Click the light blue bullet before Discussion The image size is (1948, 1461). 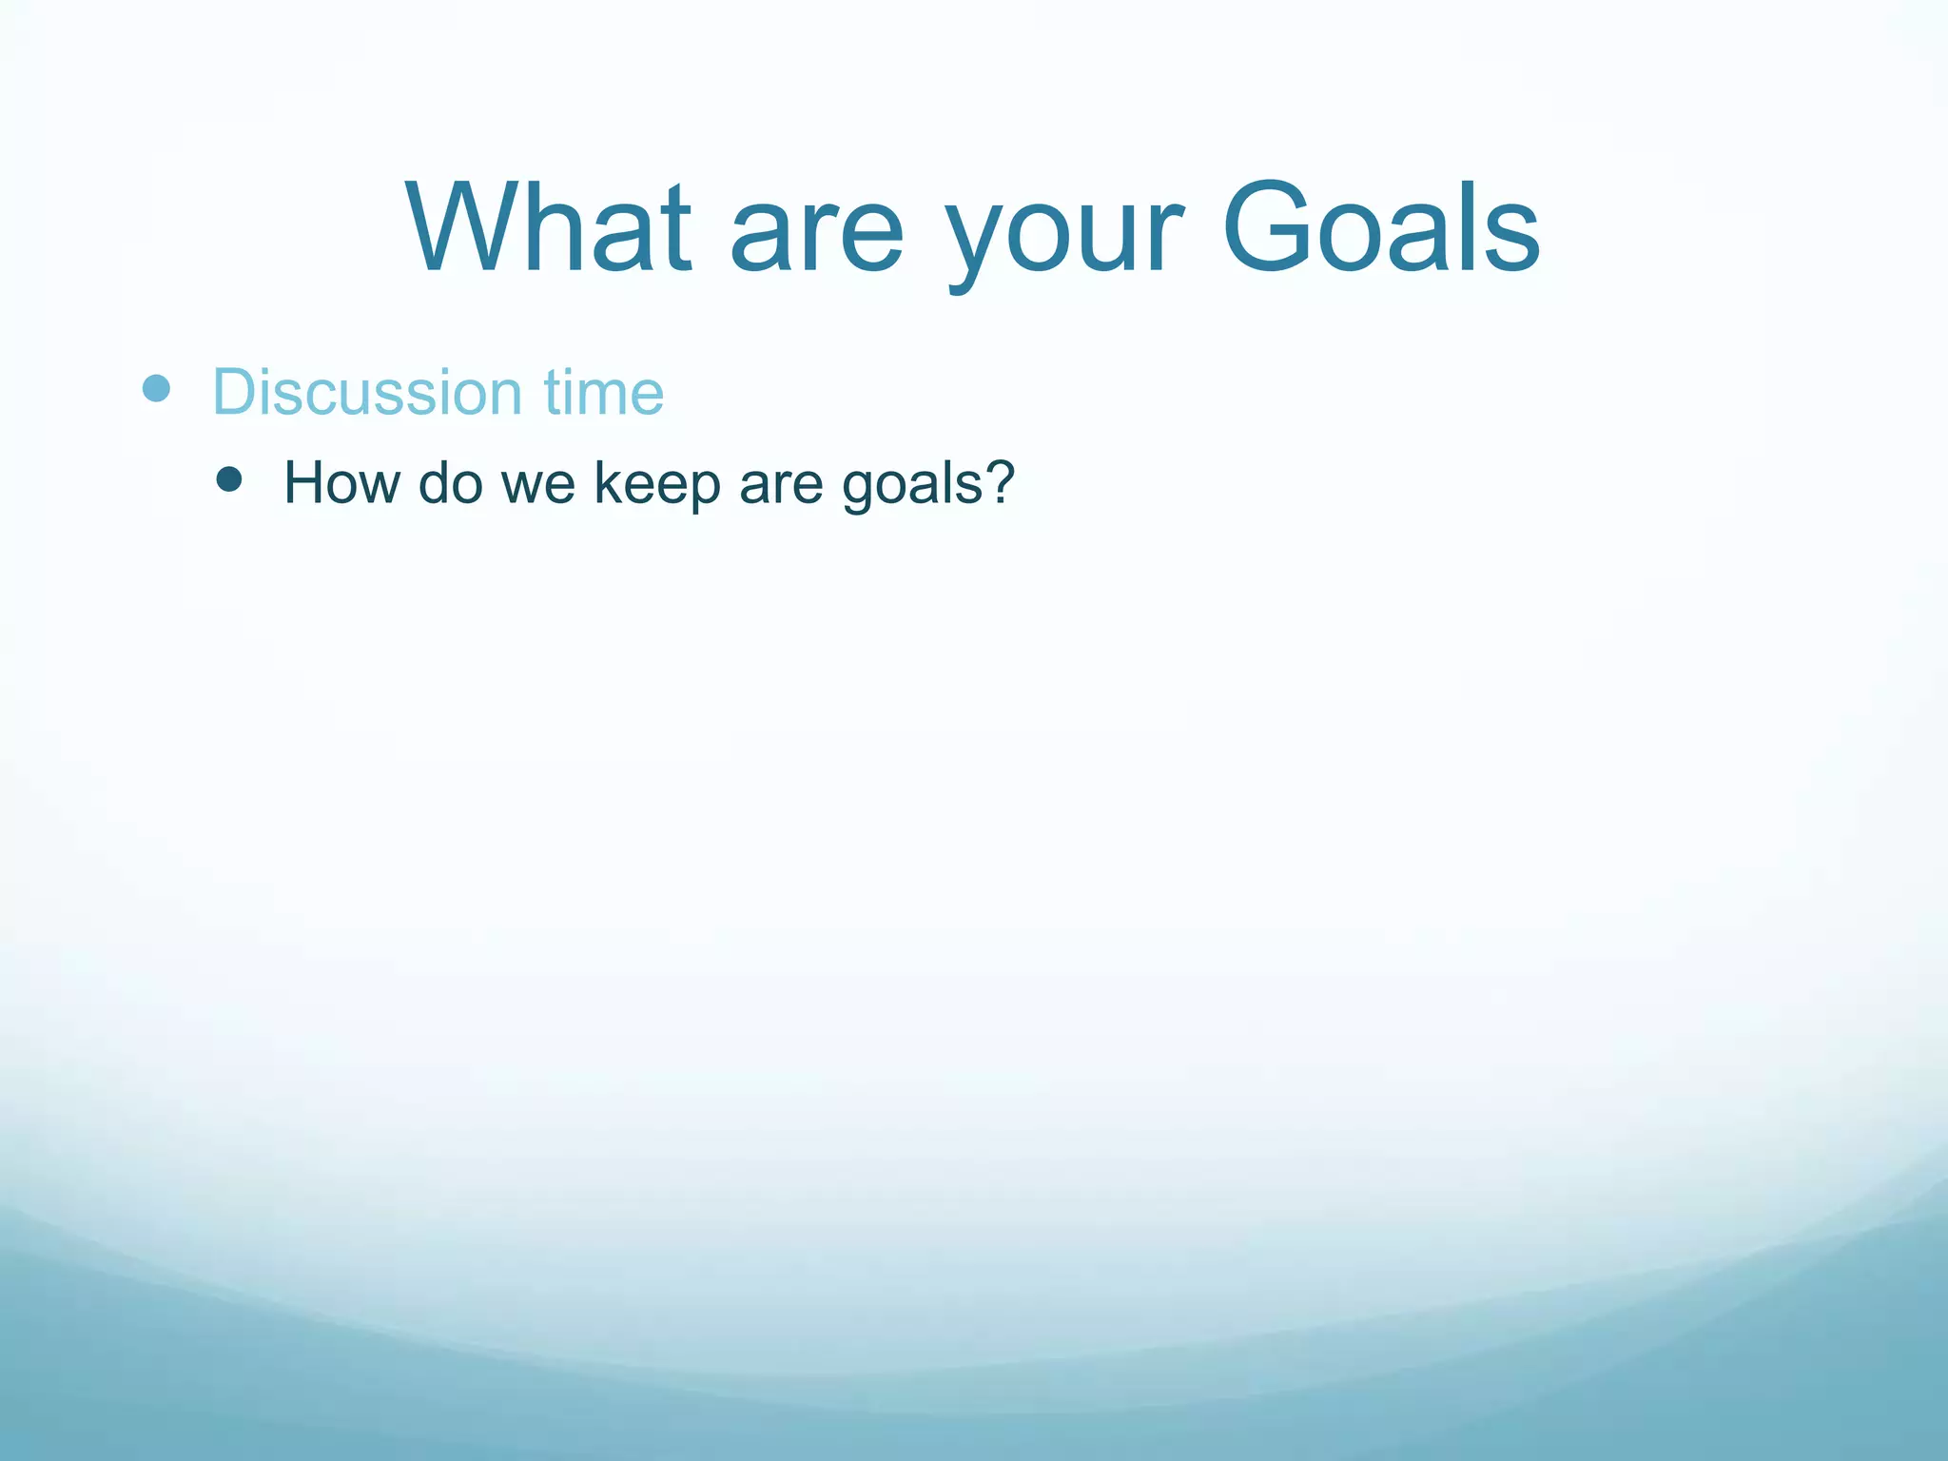(156, 388)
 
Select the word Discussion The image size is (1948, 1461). (367, 392)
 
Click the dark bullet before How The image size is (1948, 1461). (228, 478)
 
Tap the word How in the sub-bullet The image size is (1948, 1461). (341, 483)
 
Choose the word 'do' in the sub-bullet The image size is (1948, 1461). (450, 483)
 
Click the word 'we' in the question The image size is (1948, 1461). (538, 487)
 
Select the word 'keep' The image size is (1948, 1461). (657, 485)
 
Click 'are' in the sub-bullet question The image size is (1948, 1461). (780, 487)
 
